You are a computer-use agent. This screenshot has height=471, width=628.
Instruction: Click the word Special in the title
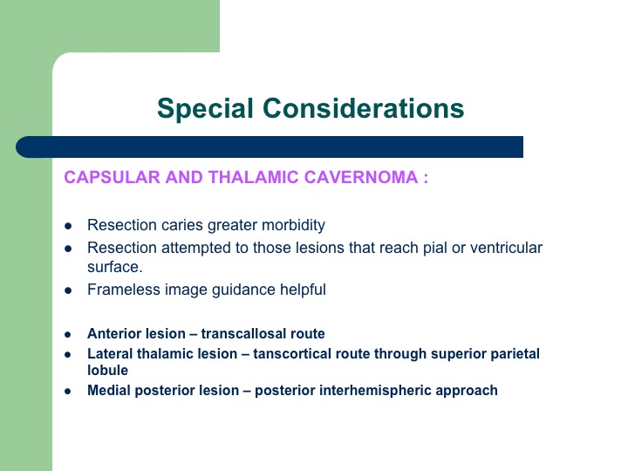click(205, 108)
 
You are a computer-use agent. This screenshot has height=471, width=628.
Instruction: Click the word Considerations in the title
click(363, 108)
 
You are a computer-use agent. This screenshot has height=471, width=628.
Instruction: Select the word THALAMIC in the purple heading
click(253, 177)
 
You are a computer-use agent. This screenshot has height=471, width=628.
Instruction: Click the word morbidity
click(293, 226)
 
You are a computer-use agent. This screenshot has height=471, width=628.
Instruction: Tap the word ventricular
click(506, 248)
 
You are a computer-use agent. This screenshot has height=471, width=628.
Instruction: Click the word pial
click(433, 249)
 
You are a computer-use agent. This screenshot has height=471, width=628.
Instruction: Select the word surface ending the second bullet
click(113, 267)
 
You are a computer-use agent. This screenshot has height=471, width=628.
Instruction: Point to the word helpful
click(303, 290)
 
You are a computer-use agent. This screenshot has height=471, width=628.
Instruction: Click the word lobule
click(108, 371)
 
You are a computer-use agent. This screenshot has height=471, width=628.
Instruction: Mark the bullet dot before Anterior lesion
click(68, 334)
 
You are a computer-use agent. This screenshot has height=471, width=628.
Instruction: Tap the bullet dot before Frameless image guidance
click(68, 290)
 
